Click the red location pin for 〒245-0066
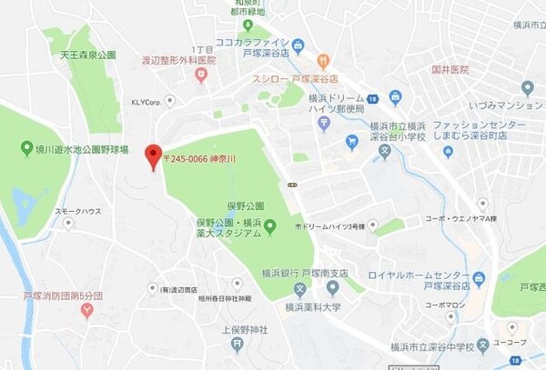(x=153, y=155)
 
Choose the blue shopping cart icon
(x=352, y=141)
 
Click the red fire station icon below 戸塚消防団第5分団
(x=87, y=311)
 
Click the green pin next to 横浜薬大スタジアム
(x=270, y=226)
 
